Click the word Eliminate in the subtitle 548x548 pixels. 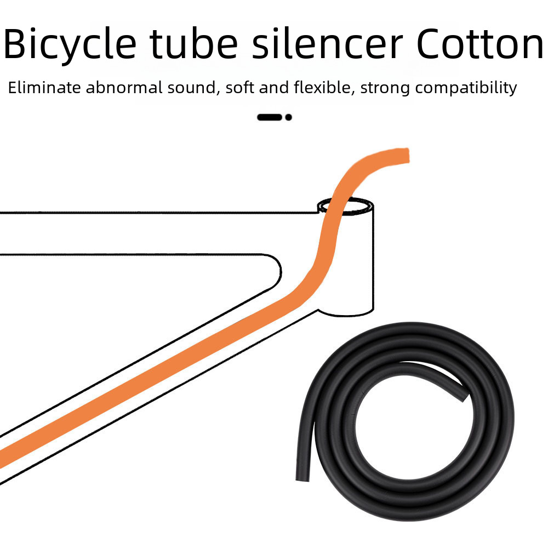[44, 88]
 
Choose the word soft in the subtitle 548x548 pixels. [240, 88]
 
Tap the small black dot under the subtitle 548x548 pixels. [289, 117]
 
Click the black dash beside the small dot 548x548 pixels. [270, 117]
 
